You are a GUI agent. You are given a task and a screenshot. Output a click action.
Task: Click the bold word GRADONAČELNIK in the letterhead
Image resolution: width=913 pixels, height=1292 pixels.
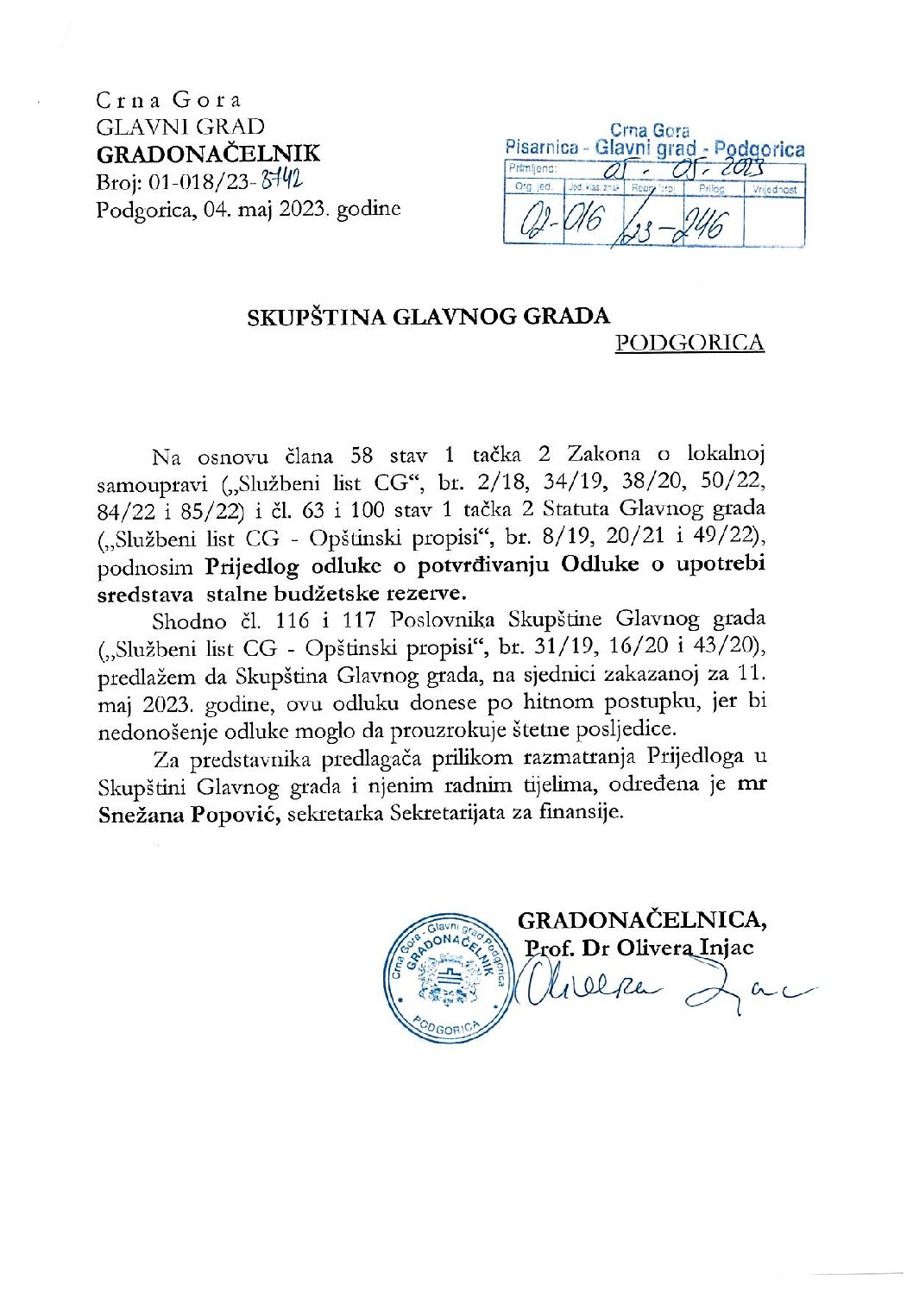[208, 154]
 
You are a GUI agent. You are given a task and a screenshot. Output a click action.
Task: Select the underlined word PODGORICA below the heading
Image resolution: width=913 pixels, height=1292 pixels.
[689, 343]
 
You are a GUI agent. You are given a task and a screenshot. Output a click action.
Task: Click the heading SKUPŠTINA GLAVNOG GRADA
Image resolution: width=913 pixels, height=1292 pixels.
[429, 316]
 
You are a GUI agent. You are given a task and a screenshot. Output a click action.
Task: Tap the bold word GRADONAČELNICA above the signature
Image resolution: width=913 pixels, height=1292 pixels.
[642, 920]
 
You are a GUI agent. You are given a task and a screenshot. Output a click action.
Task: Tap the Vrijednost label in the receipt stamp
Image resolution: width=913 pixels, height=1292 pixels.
[774, 187]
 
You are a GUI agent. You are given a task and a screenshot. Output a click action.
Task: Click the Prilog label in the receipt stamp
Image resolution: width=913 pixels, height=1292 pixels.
[712, 187]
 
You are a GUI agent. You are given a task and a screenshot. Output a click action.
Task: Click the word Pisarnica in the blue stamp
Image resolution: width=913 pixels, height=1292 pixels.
[541, 148]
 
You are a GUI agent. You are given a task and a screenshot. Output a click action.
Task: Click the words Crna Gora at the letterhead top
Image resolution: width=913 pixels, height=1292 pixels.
[169, 100]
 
